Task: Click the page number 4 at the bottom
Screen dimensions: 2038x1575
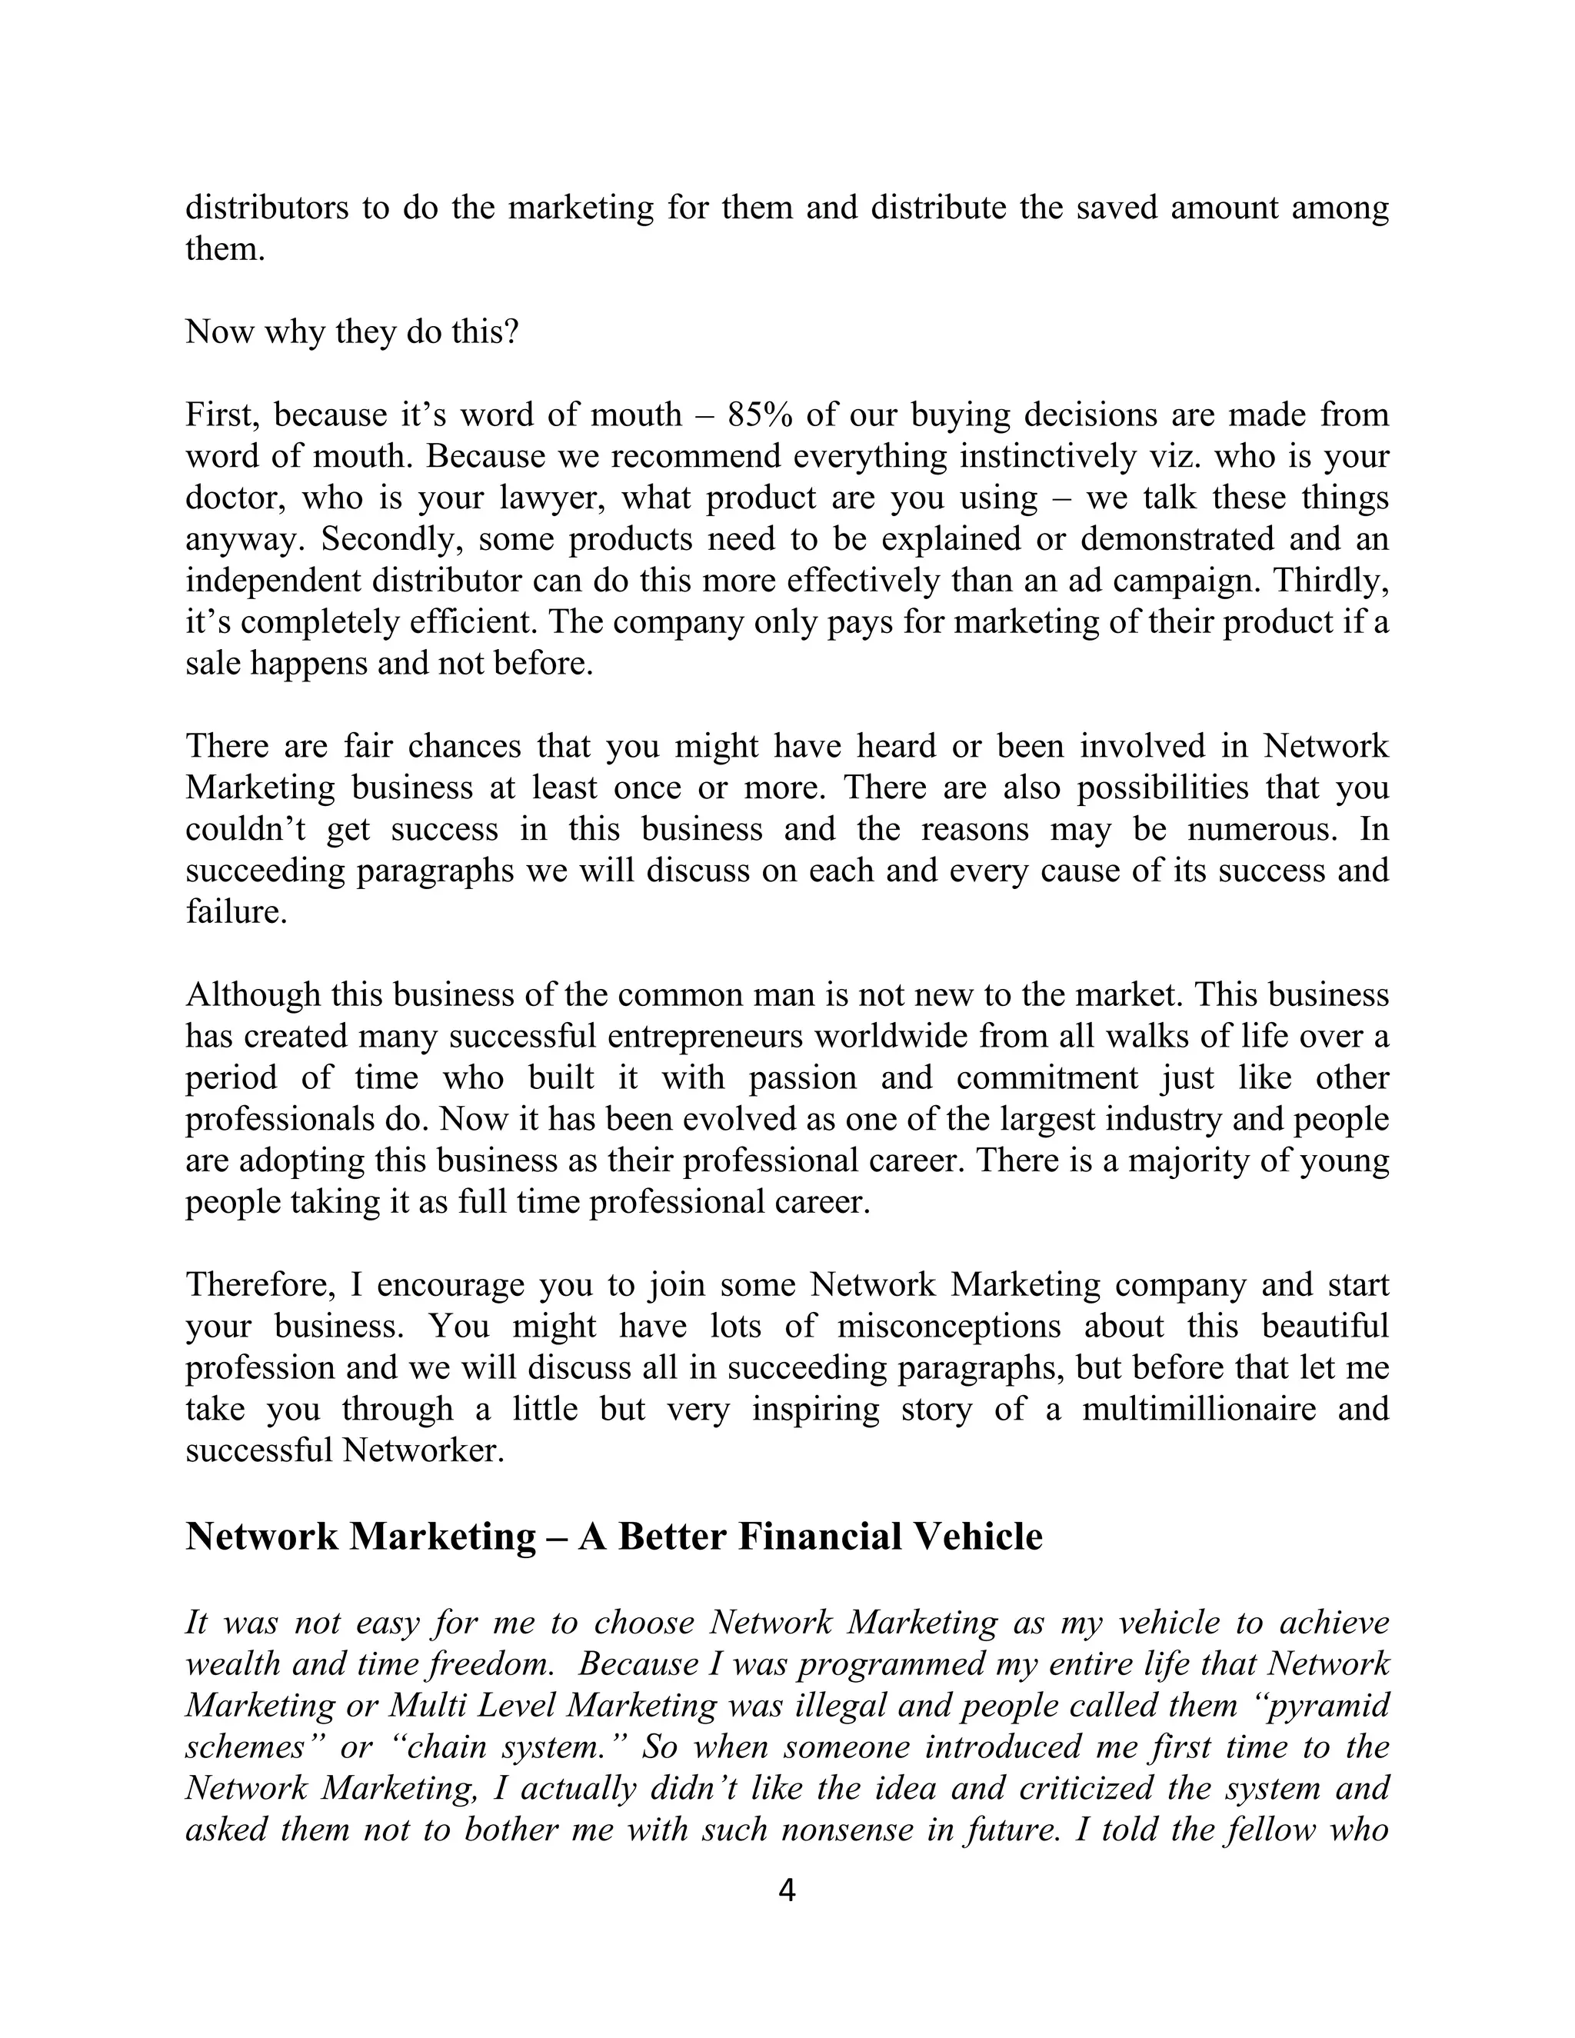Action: [787, 1890]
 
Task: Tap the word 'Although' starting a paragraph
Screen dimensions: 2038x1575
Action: [252, 994]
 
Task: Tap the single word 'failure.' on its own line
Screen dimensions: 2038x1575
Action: [236, 911]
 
